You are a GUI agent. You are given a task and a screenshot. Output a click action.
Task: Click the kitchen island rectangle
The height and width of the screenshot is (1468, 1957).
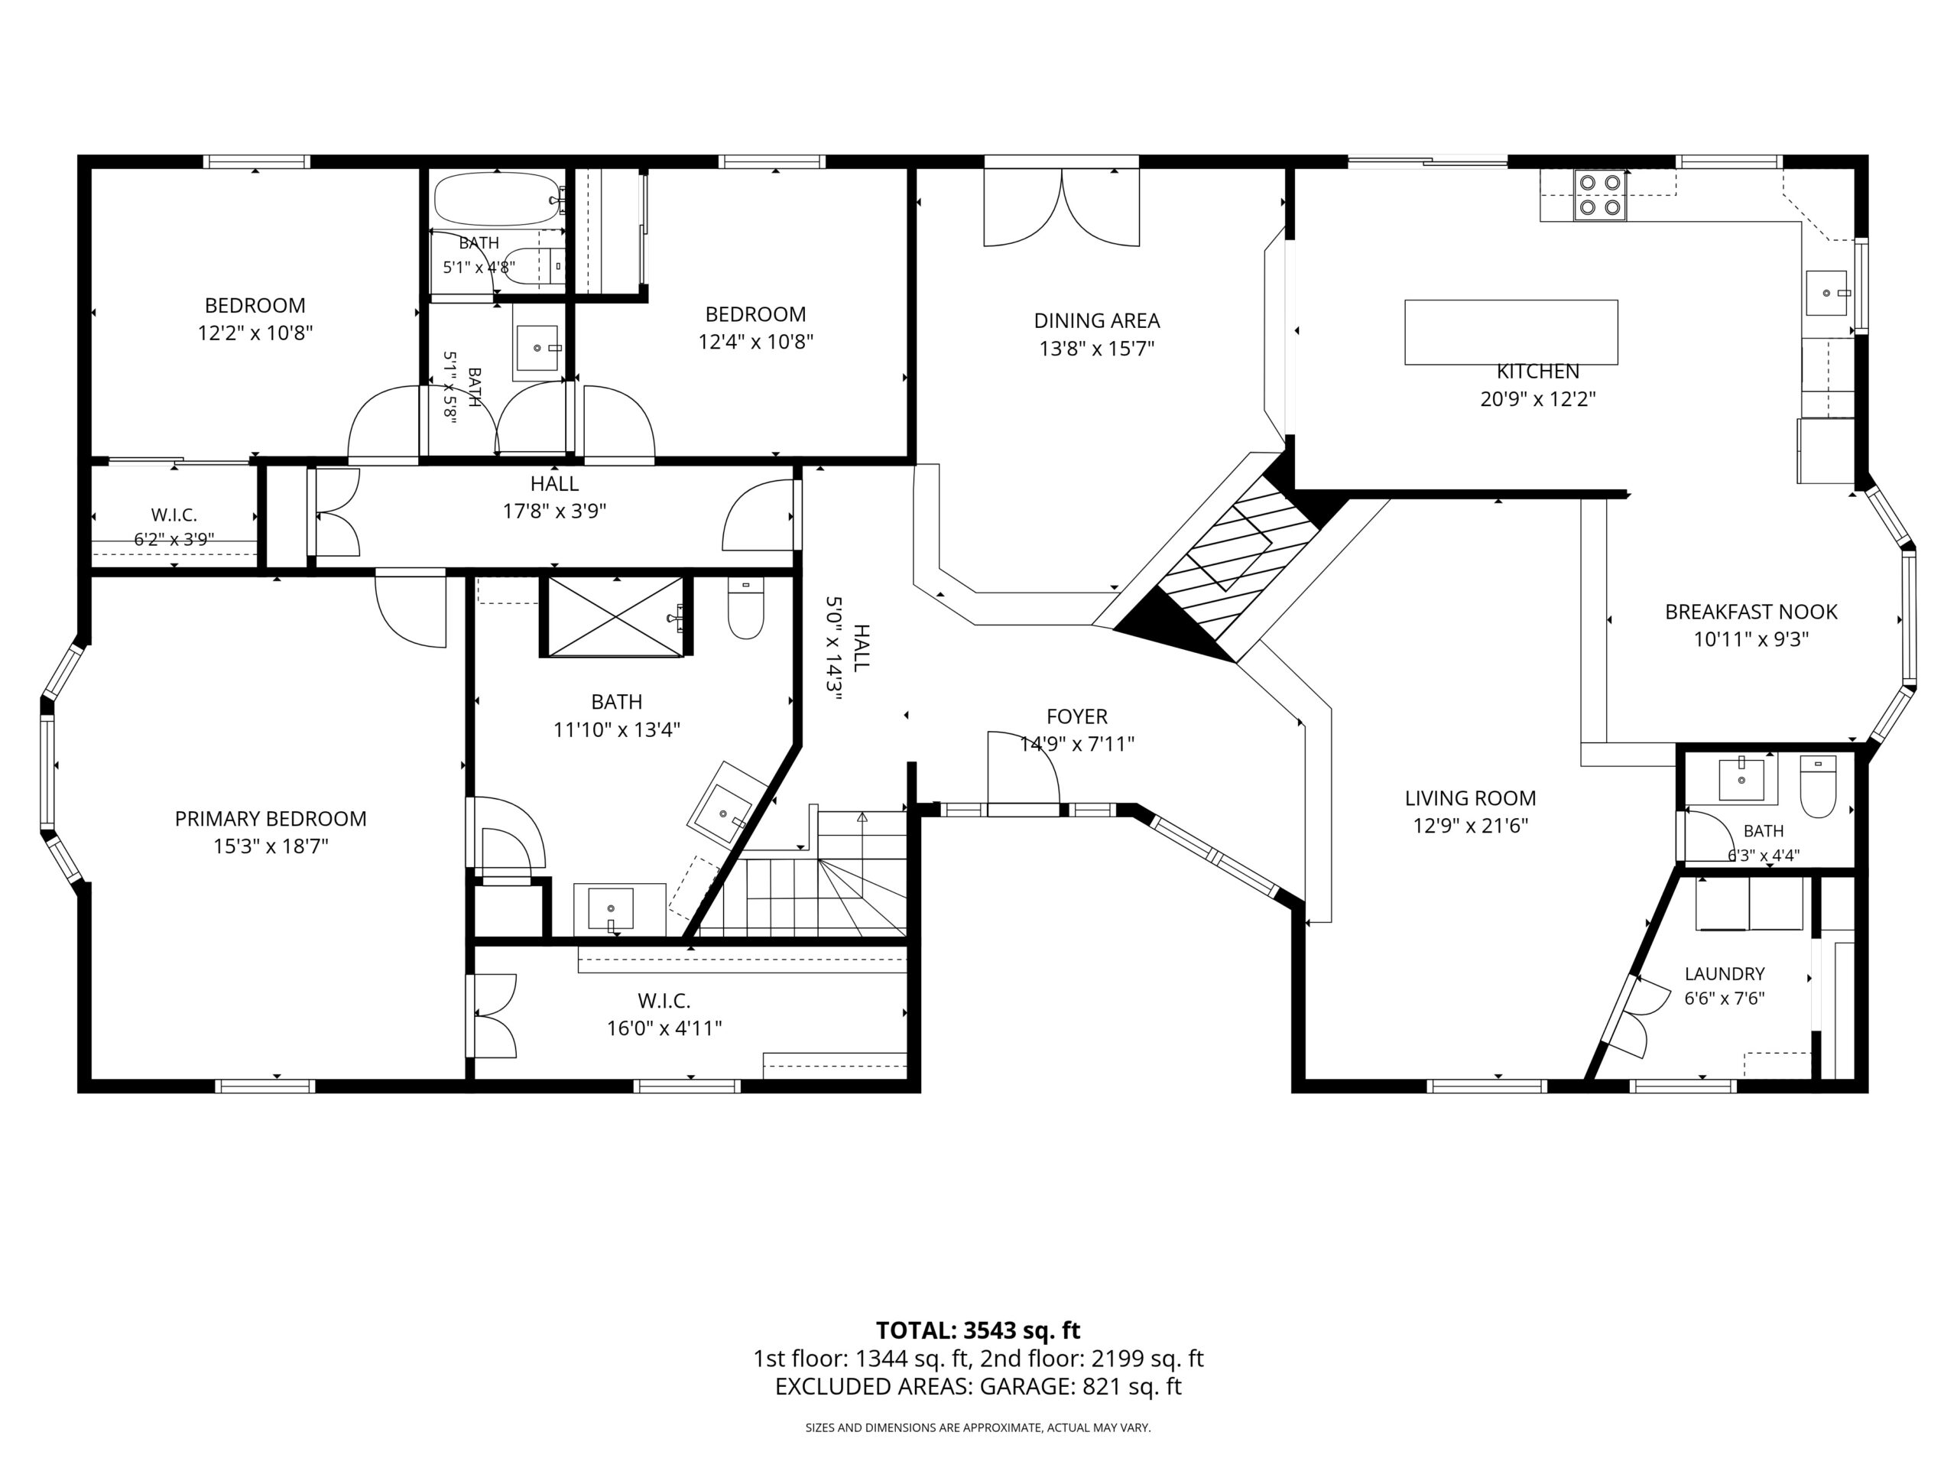coord(1511,332)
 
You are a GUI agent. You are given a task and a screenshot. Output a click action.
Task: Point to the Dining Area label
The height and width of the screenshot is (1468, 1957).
coord(1097,320)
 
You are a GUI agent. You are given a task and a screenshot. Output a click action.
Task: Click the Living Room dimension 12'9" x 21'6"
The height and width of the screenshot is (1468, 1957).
coord(1470,826)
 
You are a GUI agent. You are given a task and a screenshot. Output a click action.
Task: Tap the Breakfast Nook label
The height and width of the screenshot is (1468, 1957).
coord(1751,612)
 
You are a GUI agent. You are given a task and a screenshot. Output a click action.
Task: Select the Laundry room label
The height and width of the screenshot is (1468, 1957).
coord(1725,973)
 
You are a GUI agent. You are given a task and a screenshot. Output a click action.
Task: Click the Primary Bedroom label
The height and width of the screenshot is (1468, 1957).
coord(271,819)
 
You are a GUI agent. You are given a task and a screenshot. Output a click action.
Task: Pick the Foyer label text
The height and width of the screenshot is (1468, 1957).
coord(1076,716)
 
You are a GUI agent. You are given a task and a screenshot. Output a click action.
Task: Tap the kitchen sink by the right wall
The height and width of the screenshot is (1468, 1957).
coord(1827,293)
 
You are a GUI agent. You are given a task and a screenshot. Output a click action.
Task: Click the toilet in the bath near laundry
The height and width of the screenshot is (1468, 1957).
coord(1818,786)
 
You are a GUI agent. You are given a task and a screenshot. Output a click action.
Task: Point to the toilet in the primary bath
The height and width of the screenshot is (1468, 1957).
coord(746,608)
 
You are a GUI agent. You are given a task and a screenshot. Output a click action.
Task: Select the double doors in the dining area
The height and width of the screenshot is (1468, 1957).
coord(1062,208)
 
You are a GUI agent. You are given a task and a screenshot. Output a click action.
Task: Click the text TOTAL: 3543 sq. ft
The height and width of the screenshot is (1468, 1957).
coord(978,1330)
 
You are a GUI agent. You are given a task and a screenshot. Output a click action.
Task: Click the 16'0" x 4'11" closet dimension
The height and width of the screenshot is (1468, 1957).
coord(664,1028)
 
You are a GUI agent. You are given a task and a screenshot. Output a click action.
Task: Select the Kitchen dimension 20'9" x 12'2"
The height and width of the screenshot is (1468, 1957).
coord(1537,399)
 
